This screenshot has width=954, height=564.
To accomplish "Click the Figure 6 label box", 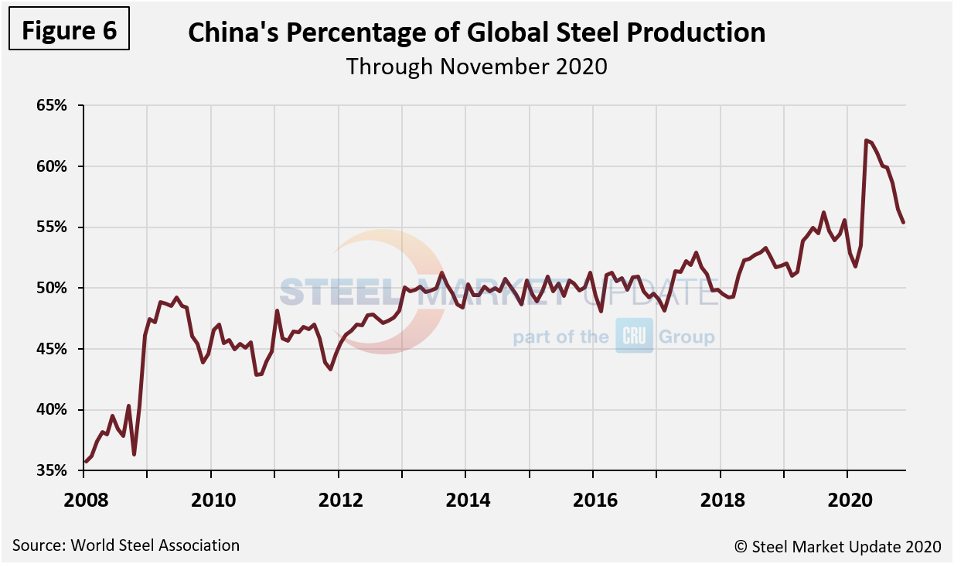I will (x=69, y=30).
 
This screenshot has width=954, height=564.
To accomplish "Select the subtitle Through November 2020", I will (x=476, y=67).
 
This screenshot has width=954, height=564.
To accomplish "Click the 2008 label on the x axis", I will (x=84, y=500).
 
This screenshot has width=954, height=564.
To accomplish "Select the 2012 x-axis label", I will (x=339, y=500).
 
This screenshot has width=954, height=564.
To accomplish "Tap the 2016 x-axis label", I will (x=594, y=500).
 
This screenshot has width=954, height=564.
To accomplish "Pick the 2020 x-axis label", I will (x=848, y=500).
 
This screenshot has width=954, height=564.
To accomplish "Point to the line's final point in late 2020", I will (x=904, y=223).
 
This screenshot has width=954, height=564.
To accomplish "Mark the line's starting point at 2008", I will (x=85, y=462).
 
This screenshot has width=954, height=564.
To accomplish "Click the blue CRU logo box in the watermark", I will (x=634, y=336).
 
